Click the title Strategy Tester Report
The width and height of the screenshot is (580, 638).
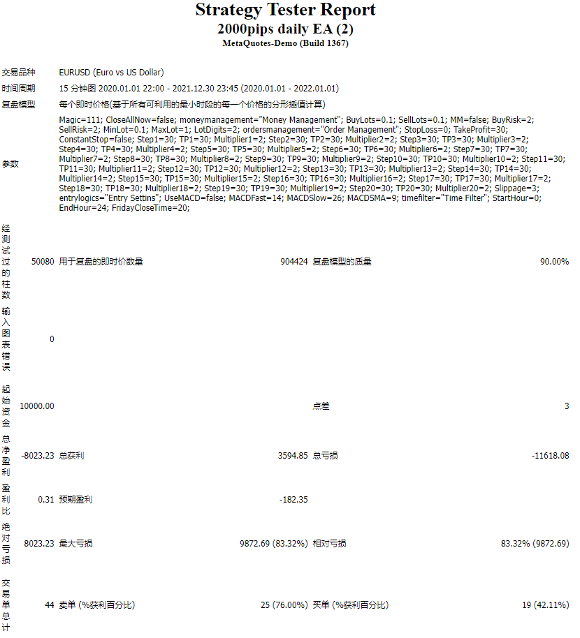pos(285,10)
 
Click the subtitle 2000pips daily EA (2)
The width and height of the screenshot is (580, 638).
pos(285,29)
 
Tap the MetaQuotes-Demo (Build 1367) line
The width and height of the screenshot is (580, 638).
pos(285,43)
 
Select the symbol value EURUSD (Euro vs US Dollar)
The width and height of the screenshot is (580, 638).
pos(112,73)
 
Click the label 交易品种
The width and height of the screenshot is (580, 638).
pos(18,73)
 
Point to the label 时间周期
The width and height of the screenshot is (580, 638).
pos(18,89)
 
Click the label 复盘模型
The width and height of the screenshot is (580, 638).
pos(18,105)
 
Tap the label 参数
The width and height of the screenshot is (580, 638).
pos(10,164)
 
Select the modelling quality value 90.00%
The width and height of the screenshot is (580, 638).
pos(554,262)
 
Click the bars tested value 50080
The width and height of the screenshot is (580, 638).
pos(43,262)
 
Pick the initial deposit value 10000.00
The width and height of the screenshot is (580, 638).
pos(37,406)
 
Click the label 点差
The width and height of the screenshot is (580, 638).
pos(321,406)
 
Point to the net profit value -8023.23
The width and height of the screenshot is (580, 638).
pos(37,456)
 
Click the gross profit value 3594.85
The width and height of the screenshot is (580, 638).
pos(293,456)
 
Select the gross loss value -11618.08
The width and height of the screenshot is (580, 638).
pos(550,456)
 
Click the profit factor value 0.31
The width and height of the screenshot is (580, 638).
pos(45,500)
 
